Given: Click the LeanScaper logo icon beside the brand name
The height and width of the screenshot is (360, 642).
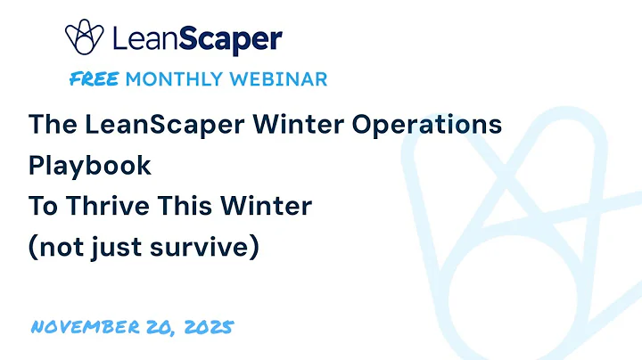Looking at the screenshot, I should [x=85, y=37].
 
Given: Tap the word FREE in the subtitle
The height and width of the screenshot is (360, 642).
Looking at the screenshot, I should [x=94, y=79].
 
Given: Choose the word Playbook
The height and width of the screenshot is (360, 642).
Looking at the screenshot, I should [x=89, y=167].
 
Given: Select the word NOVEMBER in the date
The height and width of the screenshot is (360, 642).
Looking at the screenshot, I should [x=85, y=327].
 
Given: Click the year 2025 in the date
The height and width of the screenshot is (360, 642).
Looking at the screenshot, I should [x=208, y=327].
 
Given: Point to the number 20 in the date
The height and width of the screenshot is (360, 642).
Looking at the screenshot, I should [x=160, y=327].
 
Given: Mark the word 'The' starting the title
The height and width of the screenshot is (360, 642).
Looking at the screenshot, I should [x=48, y=125].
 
